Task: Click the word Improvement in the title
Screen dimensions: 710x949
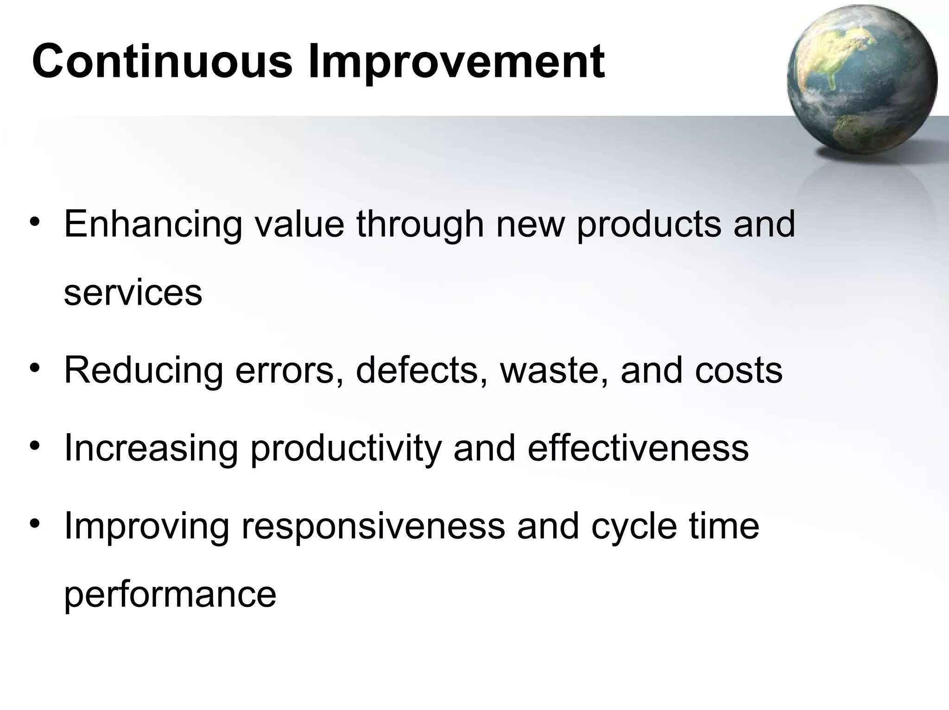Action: tap(456, 62)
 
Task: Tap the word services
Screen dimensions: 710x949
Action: tap(133, 293)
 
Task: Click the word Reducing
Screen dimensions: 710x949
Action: tap(144, 371)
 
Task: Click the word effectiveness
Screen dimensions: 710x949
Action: tap(638, 448)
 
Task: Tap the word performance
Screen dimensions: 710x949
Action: tap(170, 595)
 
